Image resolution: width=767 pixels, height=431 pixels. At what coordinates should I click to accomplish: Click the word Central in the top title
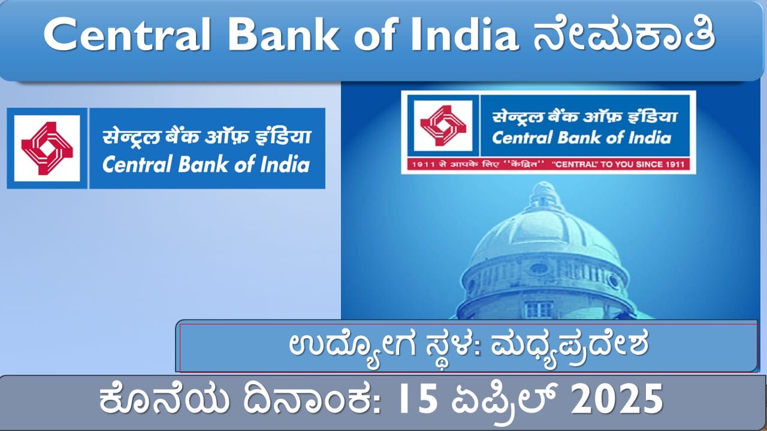click(126, 35)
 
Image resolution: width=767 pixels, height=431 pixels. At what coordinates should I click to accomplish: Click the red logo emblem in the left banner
click(47, 148)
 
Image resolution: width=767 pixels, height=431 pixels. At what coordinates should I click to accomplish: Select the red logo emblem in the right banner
click(443, 126)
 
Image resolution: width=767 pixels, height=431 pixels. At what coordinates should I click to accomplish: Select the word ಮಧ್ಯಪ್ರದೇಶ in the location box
click(569, 346)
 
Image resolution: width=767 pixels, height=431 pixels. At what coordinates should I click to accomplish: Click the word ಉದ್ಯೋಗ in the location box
click(352, 346)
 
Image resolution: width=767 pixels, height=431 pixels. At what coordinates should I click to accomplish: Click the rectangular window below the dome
click(538, 309)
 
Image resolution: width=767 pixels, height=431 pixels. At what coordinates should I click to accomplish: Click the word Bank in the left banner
click(203, 164)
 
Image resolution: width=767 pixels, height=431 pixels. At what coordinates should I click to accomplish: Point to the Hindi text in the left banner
click(207, 136)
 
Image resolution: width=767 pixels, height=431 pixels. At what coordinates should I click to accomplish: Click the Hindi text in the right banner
click(584, 117)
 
